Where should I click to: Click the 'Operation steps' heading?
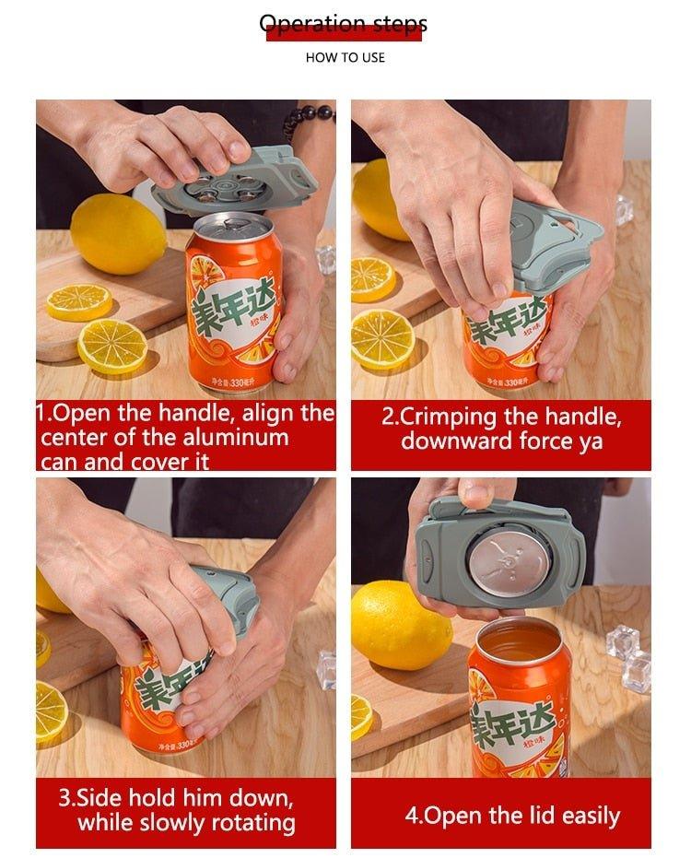[344, 24]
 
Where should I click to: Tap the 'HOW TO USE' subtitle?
[345, 57]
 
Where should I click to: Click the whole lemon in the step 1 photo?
[118, 234]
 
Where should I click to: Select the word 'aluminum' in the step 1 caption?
[235, 437]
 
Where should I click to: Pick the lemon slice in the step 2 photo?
[382, 339]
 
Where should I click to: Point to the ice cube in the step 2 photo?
[624, 209]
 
